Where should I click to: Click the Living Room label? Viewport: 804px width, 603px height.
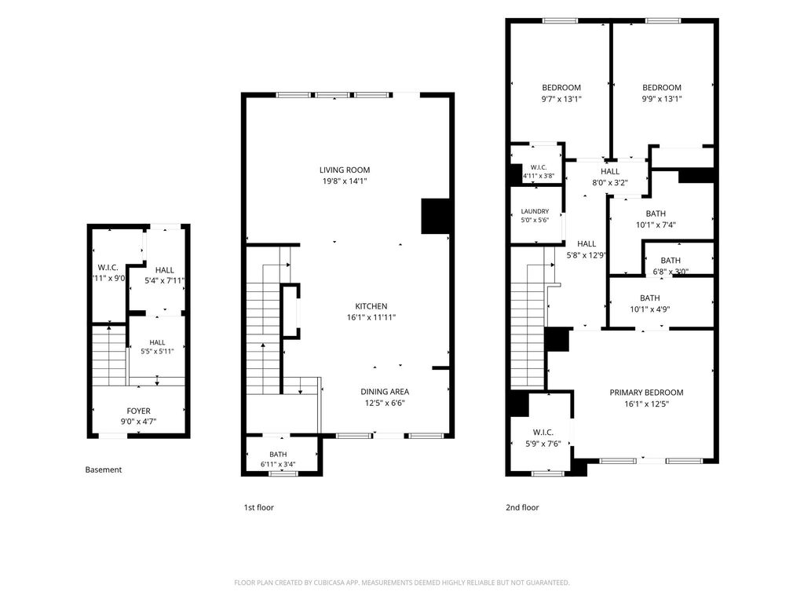[345, 170]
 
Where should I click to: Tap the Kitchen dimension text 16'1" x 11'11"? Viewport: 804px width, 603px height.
[371, 317]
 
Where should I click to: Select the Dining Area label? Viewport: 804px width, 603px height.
[385, 392]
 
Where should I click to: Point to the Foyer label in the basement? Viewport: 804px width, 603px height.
[138, 411]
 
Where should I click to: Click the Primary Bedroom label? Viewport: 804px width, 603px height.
[646, 393]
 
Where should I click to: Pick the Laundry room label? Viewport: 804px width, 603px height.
[535, 211]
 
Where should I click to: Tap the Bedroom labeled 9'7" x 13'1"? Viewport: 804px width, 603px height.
[561, 88]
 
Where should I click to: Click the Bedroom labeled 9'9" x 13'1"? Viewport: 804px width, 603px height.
[662, 88]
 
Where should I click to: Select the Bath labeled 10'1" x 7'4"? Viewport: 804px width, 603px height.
[656, 214]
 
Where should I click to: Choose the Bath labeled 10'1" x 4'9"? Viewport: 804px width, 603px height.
[649, 298]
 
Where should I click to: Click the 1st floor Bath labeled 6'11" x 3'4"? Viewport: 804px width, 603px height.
[278, 455]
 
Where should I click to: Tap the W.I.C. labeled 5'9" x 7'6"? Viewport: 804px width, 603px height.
[543, 433]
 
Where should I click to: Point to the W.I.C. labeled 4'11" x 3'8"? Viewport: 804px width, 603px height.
[539, 168]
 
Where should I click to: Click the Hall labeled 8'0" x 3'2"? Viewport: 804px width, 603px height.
[610, 172]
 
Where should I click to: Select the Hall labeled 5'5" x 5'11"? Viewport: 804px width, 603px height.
[157, 342]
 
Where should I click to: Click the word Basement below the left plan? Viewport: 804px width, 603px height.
[104, 470]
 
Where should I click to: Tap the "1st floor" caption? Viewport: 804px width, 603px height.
[259, 508]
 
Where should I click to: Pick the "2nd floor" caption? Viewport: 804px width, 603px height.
[522, 508]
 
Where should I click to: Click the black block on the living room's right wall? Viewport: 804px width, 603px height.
[436, 216]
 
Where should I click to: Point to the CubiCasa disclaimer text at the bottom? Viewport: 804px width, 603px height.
[402, 583]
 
